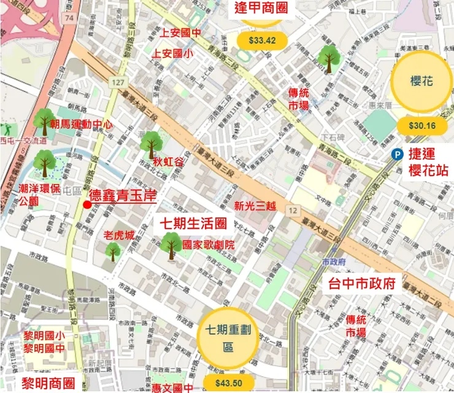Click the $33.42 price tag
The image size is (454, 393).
point(260,41)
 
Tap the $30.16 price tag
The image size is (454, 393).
point(421,126)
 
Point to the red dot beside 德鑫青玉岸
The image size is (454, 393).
point(87,204)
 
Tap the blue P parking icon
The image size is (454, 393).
point(398,155)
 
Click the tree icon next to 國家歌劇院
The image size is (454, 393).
point(172,244)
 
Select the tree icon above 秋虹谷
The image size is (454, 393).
point(150,145)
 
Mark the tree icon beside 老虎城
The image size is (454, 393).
point(113,251)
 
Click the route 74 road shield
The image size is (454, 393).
point(70,19)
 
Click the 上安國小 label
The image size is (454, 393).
point(172,53)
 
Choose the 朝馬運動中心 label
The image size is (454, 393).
point(82,124)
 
